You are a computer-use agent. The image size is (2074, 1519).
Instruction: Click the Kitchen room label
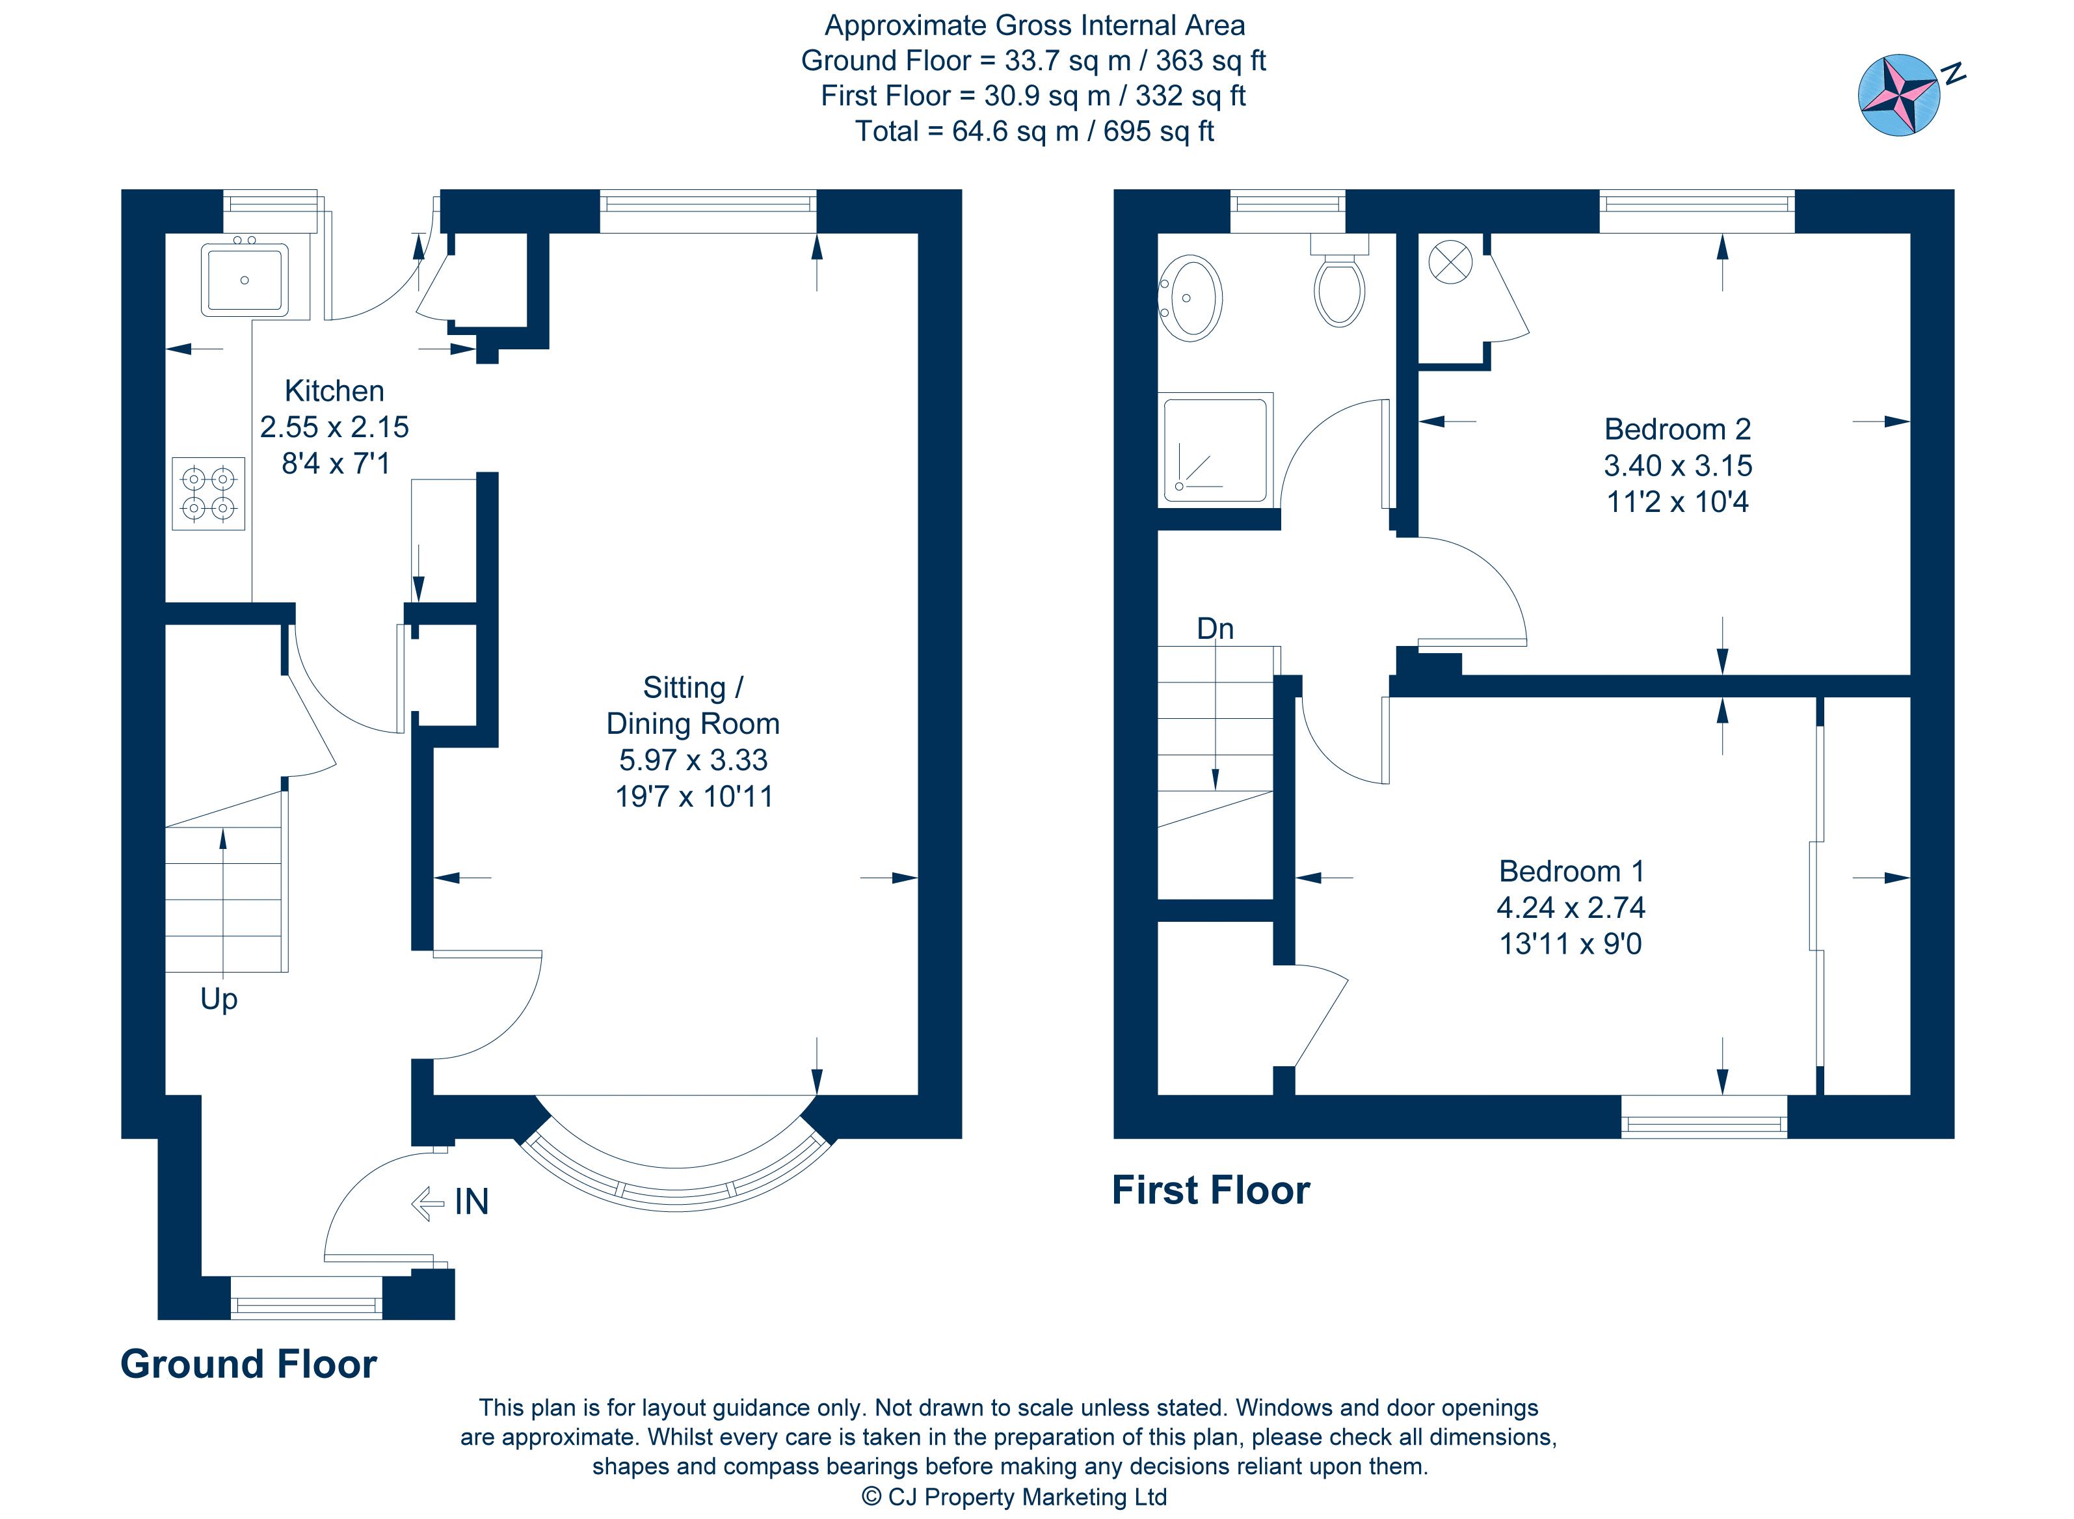click(334, 391)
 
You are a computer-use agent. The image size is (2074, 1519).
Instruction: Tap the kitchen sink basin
click(244, 278)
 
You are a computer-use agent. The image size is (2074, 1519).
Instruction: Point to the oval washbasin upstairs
click(1191, 298)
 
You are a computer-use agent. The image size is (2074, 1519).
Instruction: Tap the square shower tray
click(1216, 450)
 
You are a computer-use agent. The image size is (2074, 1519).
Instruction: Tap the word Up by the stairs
click(219, 999)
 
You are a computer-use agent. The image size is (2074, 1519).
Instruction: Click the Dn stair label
click(1214, 629)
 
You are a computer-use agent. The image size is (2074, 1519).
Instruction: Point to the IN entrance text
click(472, 1202)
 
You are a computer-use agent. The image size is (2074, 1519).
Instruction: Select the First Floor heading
click(1210, 1190)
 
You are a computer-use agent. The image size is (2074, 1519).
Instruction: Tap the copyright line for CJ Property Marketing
click(1013, 1497)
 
